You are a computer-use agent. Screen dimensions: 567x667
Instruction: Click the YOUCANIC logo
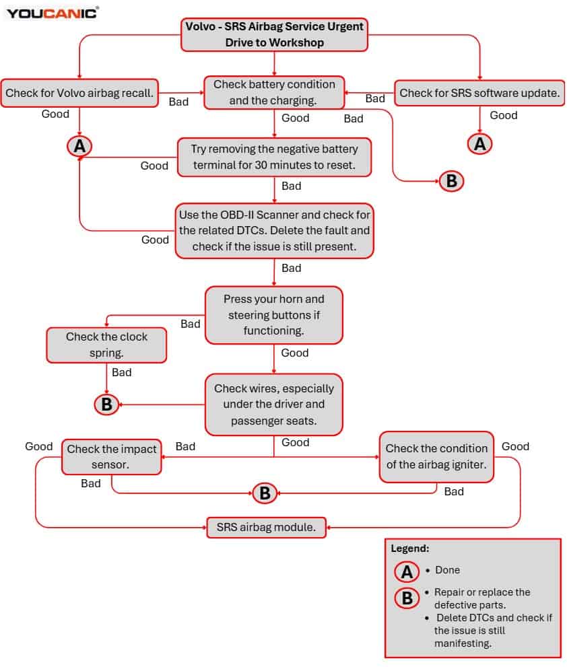coord(53,13)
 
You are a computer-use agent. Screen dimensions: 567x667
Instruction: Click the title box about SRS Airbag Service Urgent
coord(274,34)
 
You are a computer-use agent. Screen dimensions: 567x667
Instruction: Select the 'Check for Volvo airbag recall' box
coord(79,93)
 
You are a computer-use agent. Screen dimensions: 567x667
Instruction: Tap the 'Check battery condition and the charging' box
coord(274,92)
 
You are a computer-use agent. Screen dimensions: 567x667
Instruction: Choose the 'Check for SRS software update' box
coord(479,93)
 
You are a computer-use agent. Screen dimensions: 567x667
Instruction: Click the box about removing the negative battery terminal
coord(274,157)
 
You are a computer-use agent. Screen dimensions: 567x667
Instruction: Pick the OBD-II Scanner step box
coord(274,231)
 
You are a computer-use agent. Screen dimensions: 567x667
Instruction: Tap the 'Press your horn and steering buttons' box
coord(273,315)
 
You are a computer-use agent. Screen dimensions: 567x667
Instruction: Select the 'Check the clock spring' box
coord(106,345)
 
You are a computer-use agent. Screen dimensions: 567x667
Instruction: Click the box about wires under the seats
coord(273,405)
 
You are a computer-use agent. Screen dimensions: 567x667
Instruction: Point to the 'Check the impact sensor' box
coord(112,457)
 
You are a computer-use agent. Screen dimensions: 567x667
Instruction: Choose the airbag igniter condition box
coord(436,457)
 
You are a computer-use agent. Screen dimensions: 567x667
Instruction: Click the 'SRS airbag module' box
coord(266,528)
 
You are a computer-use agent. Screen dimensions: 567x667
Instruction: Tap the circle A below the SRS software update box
coord(479,144)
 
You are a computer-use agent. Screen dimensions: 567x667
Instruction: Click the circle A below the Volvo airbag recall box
coord(79,146)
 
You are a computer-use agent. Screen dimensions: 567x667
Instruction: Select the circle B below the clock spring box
coord(106,404)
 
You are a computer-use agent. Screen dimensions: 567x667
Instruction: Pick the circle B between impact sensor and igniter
coord(265,493)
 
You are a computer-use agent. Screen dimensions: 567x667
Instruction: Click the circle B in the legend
coord(407,598)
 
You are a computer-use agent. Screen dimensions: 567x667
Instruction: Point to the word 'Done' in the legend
coord(447,570)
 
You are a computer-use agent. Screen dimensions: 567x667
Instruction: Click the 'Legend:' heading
coord(410,549)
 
